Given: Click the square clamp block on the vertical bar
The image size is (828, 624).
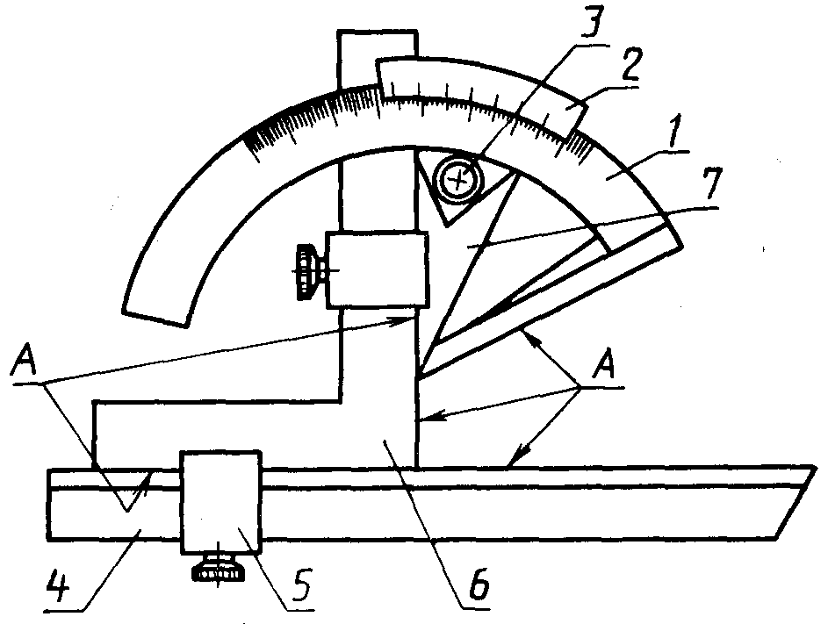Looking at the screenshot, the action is pos(376,269).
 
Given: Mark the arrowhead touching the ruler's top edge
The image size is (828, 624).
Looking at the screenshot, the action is pos(516,460).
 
